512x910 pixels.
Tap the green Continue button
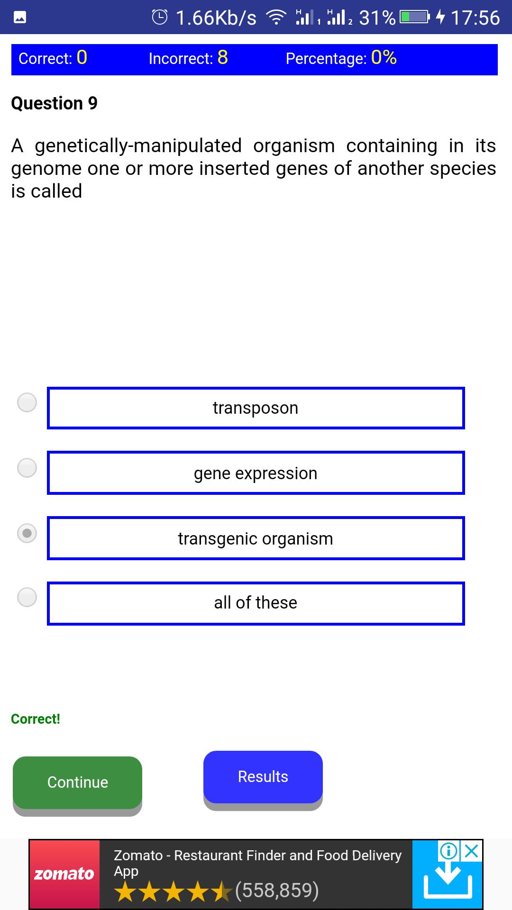[x=77, y=783]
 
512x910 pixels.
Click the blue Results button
[x=263, y=777]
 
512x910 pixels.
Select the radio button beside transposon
[x=27, y=402]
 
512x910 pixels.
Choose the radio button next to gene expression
[x=27, y=468]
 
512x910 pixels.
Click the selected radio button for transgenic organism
[x=27, y=533]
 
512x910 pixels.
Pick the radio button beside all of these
[x=27, y=597]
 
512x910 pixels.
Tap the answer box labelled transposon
[x=256, y=408]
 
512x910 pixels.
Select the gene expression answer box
[x=256, y=473]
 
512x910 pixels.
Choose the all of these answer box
[x=256, y=603]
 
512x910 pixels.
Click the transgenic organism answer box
[x=256, y=538]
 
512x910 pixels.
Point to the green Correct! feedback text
[x=36, y=719]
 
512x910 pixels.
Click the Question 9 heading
[x=54, y=103]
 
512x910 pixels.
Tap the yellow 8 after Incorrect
[x=223, y=58]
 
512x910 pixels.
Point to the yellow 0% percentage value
[x=384, y=58]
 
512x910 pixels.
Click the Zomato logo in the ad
[x=64, y=874]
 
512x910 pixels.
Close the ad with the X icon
[x=471, y=851]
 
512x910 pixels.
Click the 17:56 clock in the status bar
[x=475, y=18]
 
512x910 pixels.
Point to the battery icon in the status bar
[x=414, y=18]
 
